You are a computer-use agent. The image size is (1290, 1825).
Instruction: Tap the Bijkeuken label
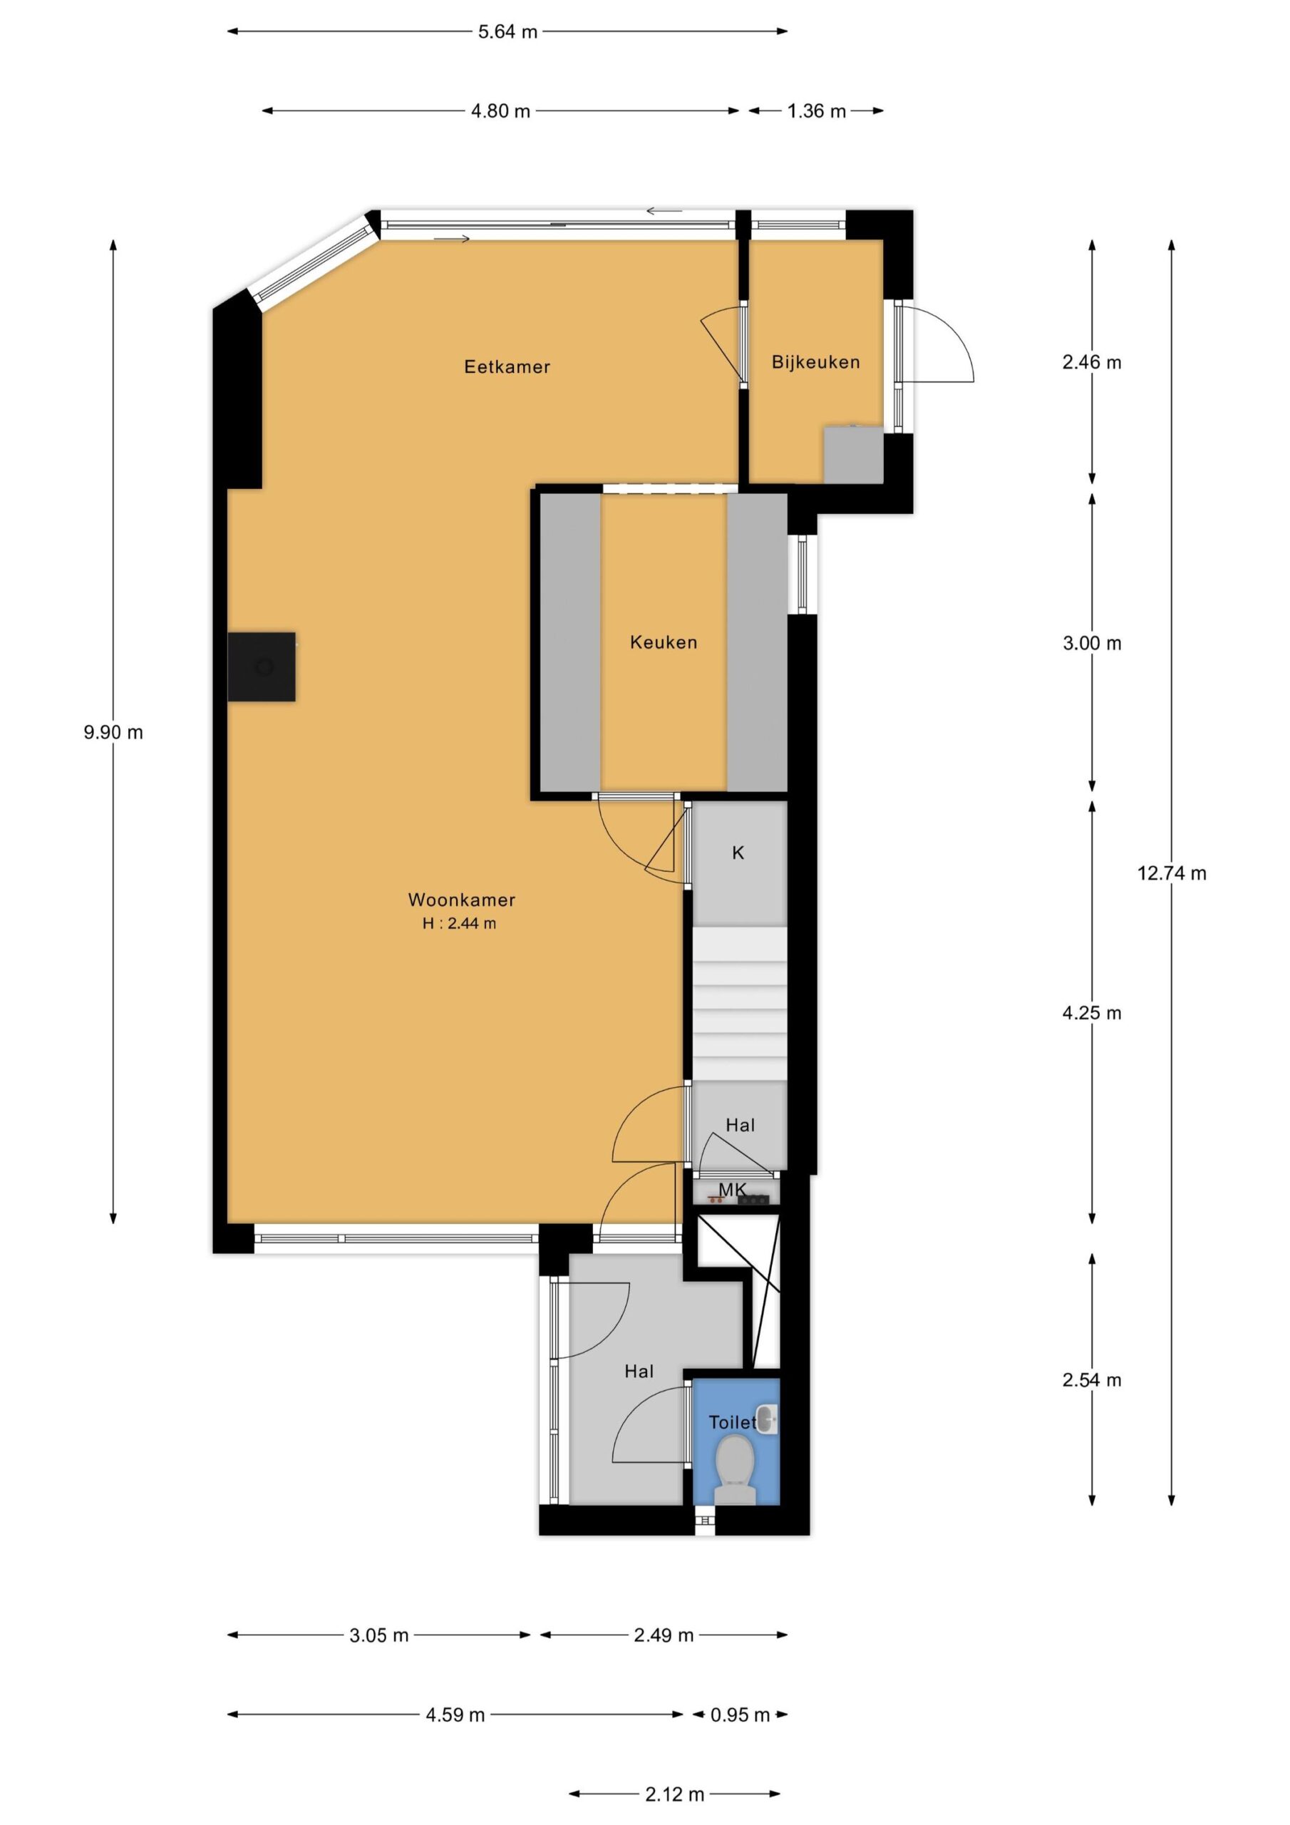coord(815,362)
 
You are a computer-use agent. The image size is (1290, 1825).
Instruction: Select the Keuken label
coord(663,642)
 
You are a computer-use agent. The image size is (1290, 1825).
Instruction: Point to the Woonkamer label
coord(461,900)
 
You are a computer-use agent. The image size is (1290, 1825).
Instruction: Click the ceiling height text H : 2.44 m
coord(460,924)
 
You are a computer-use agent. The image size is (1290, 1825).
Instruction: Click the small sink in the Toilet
coord(766,1419)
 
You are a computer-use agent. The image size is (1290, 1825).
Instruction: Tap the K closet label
coord(738,853)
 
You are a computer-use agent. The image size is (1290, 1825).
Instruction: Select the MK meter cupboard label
coord(732,1189)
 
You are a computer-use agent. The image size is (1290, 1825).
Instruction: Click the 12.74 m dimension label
coord(1171,873)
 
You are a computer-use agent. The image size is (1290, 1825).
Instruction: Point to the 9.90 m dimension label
coord(113,733)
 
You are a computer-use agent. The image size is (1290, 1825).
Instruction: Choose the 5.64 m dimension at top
coord(507,32)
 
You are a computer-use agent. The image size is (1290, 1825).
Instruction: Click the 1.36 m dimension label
coord(816,111)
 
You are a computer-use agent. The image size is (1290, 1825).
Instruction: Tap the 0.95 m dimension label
coord(739,1715)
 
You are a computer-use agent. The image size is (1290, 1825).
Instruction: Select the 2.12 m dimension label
coord(674,1795)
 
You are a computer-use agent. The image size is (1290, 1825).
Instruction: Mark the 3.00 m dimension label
coord(1091,644)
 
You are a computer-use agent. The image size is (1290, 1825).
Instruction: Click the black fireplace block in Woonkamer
coord(262,666)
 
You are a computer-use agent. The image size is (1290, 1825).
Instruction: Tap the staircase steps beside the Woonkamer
coord(739,1003)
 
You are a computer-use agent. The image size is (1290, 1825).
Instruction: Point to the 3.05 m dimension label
coord(378,1636)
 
